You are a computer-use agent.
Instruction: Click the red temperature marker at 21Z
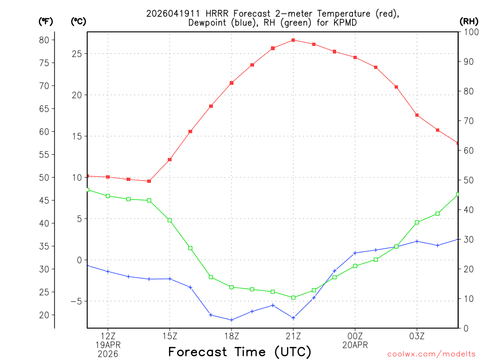(x=293, y=40)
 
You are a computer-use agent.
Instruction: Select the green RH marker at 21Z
(x=293, y=298)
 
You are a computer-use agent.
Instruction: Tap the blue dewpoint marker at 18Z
(x=232, y=320)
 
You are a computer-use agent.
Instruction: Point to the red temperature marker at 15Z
(x=170, y=160)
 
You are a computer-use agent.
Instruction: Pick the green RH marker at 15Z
(x=170, y=220)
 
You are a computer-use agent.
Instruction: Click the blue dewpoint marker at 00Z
(x=355, y=253)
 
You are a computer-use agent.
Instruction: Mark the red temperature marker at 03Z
(x=417, y=115)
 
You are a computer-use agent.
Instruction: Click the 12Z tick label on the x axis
(x=108, y=336)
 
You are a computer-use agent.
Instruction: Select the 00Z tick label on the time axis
(x=355, y=336)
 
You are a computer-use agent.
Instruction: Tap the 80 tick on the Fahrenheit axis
(x=44, y=40)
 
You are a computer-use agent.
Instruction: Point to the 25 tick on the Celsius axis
(x=77, y=54)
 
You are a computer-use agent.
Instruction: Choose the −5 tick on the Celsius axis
(x=75, y=301)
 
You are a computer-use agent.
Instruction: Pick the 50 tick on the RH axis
(x=468, y=180)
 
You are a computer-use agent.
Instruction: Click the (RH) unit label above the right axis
(x=469, y=21)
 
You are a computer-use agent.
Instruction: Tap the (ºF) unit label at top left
(x=45, y=21)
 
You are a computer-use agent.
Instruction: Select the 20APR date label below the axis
(x=355, y=345)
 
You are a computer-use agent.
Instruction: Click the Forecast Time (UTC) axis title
(x=240, y=352)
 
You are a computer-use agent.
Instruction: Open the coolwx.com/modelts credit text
(x=431, y=354)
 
